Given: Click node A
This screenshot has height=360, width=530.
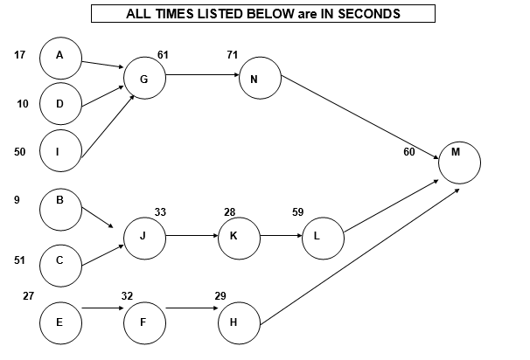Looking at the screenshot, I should (x=60, y=57).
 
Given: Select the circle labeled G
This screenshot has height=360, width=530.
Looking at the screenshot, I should (x=145, y=80).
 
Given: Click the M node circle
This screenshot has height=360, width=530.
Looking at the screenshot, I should (x=459, y=162).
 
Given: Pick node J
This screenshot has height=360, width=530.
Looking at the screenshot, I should (x=144, y=236).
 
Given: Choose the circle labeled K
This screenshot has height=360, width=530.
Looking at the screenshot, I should (x=239, y=236).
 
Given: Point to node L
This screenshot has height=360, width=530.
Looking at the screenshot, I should (x=323, y=236).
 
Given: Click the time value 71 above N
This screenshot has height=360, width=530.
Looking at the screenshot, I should (x=231, y=55).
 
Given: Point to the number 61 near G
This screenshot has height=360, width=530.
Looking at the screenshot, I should (x=163, y=55).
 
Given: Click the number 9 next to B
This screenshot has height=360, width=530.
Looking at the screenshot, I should (x=17, y=200).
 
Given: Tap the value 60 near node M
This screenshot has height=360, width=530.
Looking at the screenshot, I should (x=409, y=152).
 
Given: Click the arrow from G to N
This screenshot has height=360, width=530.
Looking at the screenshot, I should (x=202, y=74).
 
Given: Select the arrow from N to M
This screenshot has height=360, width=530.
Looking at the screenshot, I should (x=359, y=116).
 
